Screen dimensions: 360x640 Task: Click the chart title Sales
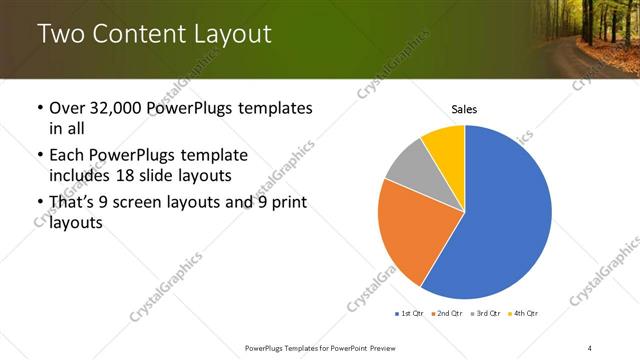(x=464, y=108)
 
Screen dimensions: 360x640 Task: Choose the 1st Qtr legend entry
(x=409, y=314)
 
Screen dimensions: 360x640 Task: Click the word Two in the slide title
(x=61, y=35)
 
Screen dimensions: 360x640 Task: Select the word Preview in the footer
(x=391, y=347)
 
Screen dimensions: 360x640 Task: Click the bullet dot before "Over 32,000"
(x=39, y=107)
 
